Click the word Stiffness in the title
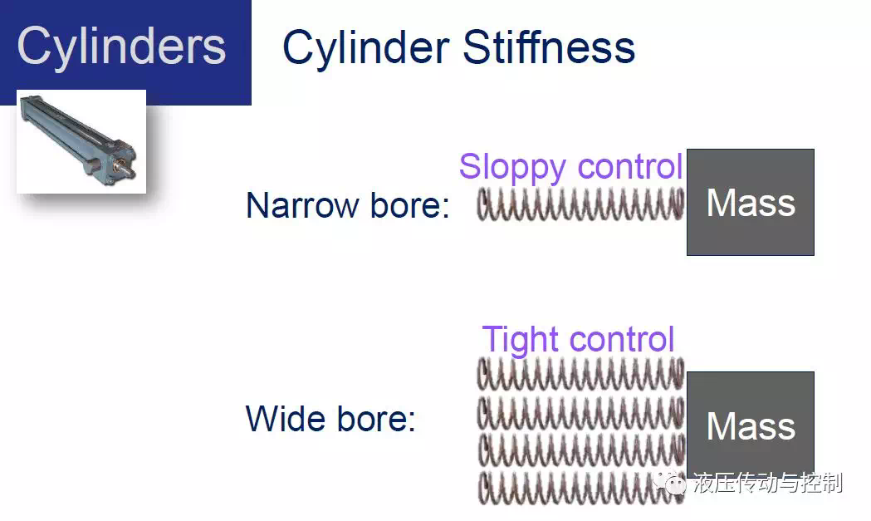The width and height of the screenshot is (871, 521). pyautogui.click(x=549, y=47)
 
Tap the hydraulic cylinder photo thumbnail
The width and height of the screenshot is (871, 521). pyautogui.click(x=81, y=141)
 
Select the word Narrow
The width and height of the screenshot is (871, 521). pyautogui.click(x=303, y=205)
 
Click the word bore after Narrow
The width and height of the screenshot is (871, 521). pyautogui.click(x=410, y=205)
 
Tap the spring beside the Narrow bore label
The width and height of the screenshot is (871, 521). pyautogui.click(x=581, y=204)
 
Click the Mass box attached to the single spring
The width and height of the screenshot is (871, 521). pyautogui.click(x=751, y=203)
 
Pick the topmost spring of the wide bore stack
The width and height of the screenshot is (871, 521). pyautogui.click(x=581, y=374)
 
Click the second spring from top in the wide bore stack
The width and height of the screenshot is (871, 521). pyautogui.click(x=581, y=413)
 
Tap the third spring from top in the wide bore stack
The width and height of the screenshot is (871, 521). pyautogui.click(x=581, y=450)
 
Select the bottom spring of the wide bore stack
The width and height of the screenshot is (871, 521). pyautogui.click(x=581, y=488)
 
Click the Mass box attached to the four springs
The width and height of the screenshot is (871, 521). pyautogui.click(x=751, y=425)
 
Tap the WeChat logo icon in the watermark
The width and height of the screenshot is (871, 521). pyautogui.click(x=670, y=482)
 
